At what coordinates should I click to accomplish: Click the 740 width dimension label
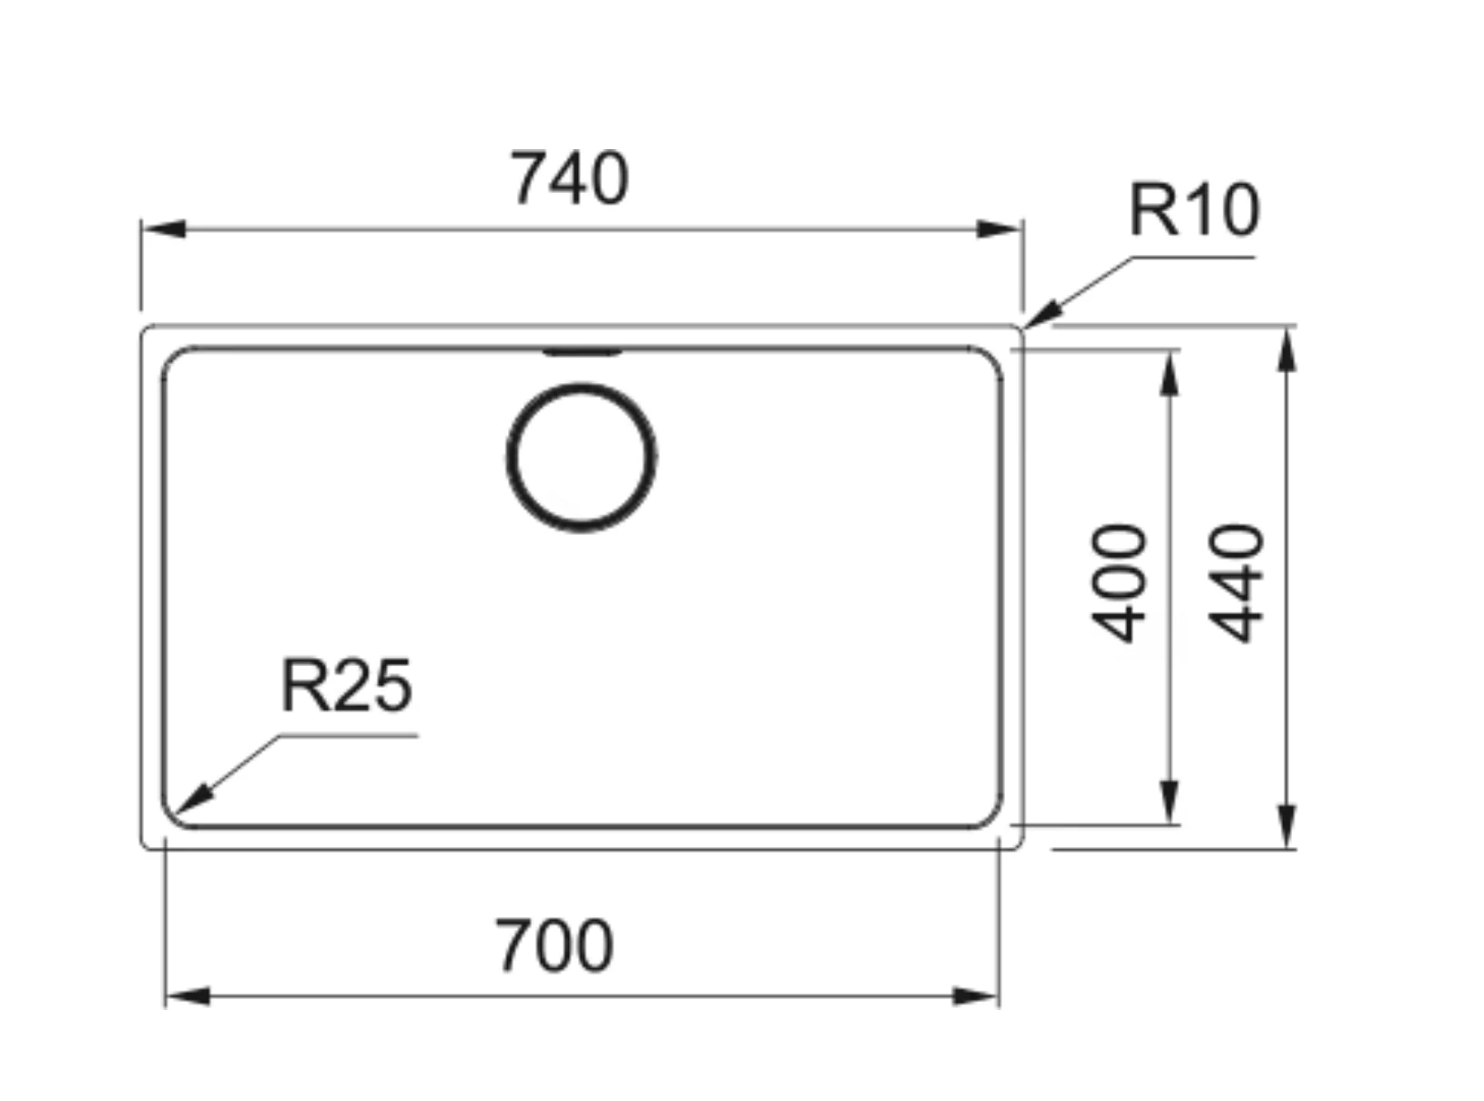tap(569, 178)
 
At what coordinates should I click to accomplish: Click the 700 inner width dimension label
tap(554, 946)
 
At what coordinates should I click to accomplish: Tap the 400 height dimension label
tap(1119, 583)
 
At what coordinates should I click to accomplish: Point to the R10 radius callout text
tap(1194, 210)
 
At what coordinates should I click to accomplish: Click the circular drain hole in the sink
tap(581, 457)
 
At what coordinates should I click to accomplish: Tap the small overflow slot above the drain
tap(582, 351)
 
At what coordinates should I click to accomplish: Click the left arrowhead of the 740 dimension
tap(164, 228)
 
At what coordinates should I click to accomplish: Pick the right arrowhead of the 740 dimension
tap(1000, 228)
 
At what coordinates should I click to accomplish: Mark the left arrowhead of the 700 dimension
tap(188, 996)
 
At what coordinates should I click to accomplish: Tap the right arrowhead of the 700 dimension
tap(976, 996)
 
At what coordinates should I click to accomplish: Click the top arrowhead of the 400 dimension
tap(1171, 373)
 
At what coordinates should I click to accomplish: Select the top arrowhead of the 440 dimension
tap(1286, 349)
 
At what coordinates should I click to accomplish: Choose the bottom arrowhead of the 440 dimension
tap(1286, 826)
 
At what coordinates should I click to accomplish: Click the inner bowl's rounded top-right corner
tap(991, 358)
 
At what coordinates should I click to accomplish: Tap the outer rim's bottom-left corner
tap(147, 843)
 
